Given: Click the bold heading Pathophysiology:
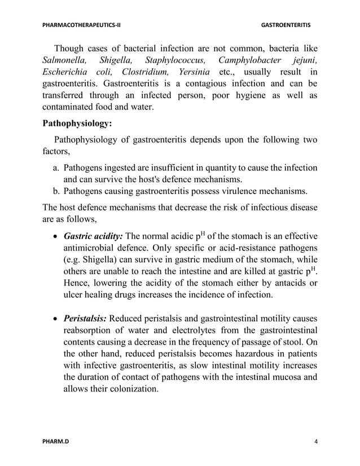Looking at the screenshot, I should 78,122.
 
